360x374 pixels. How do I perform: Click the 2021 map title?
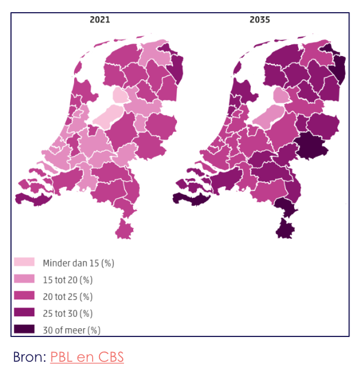100,20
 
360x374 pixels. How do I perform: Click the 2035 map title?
259,20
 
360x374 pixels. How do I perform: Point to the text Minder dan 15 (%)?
78,263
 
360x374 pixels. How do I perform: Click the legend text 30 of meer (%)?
71,330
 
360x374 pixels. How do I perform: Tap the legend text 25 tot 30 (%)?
68,313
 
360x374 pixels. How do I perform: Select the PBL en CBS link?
87,357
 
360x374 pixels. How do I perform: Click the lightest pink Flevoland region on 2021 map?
110,116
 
